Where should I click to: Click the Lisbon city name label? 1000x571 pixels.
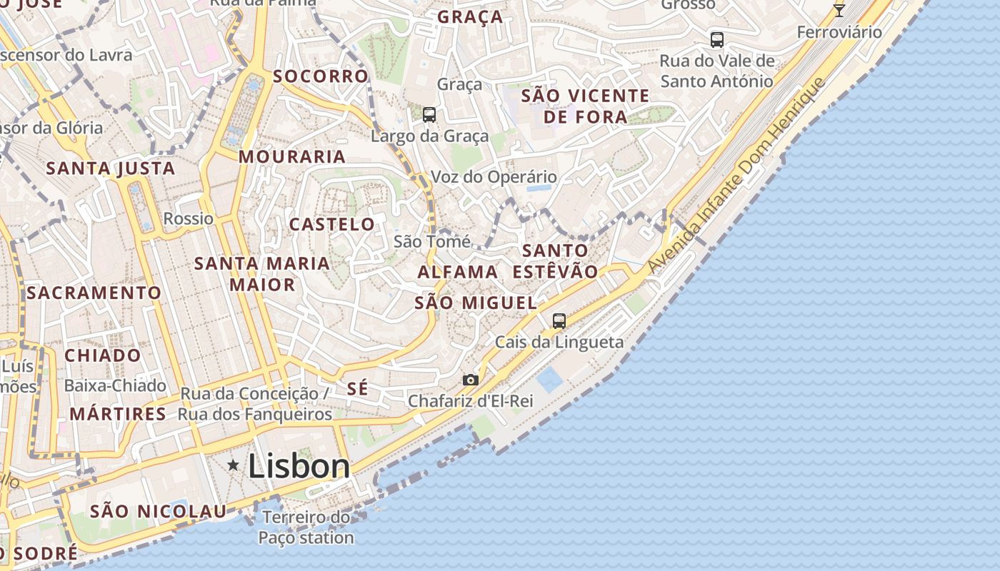pos(299,467)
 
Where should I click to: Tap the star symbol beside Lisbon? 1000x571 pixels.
pos(233,465)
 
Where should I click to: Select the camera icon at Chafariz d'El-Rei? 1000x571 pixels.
pos(470,380)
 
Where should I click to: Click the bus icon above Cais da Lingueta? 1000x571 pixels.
pos(559,321)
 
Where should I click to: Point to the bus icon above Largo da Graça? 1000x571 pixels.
pos(429,114)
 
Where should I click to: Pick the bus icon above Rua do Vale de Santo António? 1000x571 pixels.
pos(716,40)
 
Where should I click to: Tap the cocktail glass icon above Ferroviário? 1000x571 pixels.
pos(839,10)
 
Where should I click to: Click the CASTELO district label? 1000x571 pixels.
pos(332,224)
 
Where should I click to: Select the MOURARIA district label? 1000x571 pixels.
pos(292,156)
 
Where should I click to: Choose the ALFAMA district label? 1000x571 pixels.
pos(458,272)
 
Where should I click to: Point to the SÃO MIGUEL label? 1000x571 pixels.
pos(476,303)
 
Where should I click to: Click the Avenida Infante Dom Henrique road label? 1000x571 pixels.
pos(736,176)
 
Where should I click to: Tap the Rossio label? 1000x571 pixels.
pos(189,218)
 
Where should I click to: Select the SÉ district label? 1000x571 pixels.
pos(357,389)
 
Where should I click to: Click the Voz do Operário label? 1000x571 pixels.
pos(494,177)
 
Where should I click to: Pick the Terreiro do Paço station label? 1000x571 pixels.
pos(306,527)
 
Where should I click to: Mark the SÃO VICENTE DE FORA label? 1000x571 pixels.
pos(586,106)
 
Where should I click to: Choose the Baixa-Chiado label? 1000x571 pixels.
pos(115,385)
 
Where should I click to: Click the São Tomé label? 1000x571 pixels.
pos(432,242)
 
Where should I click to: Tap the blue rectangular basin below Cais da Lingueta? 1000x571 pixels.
pos(550,380)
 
